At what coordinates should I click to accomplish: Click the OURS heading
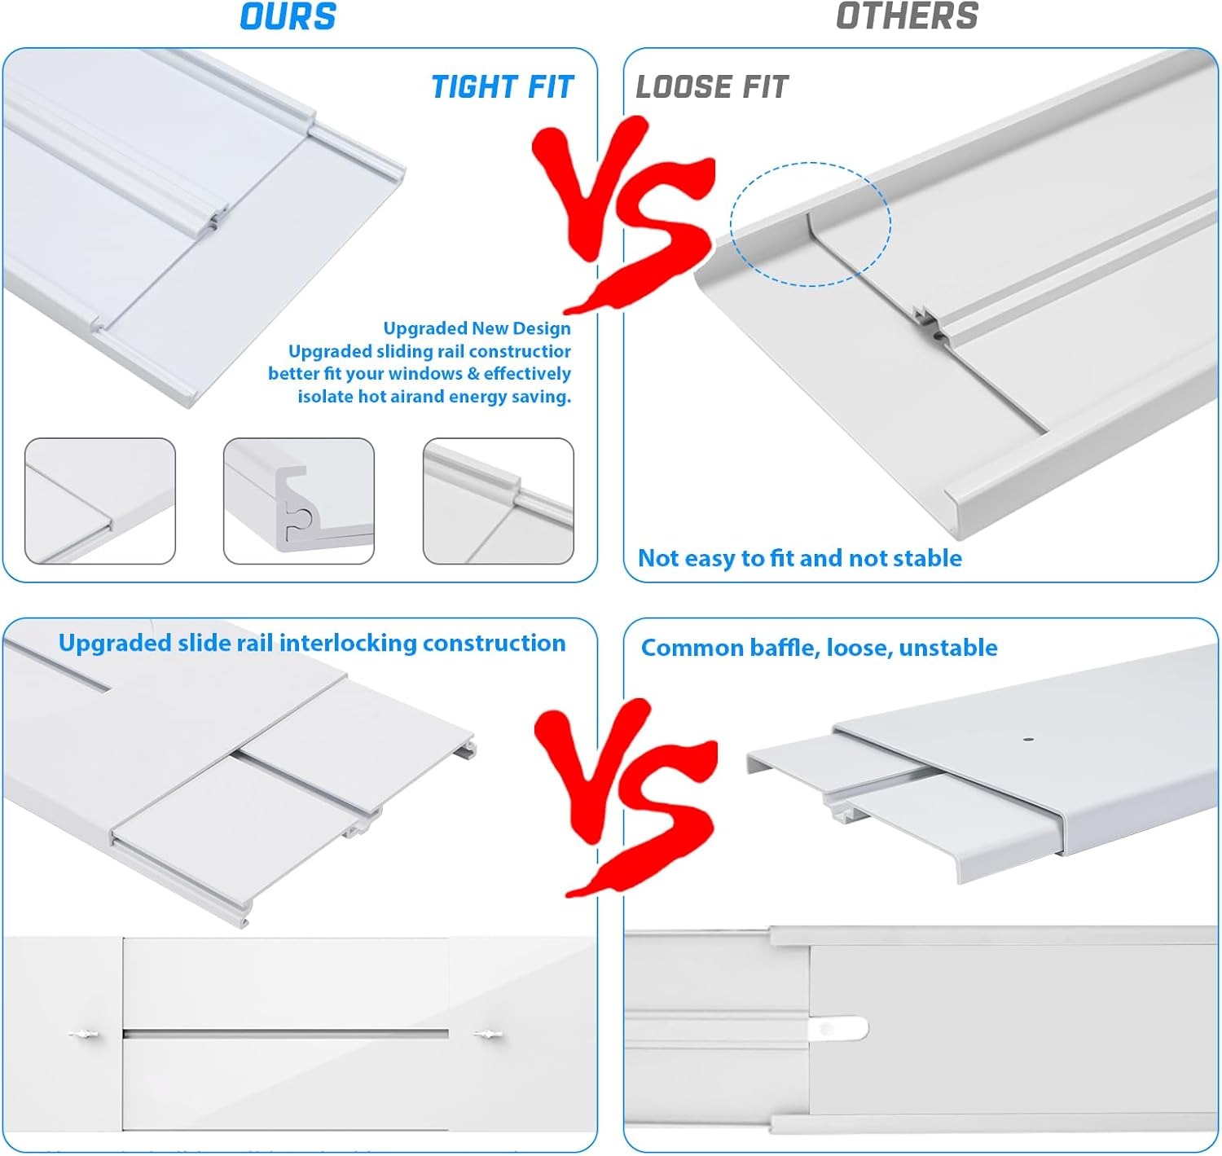pyautogui.click(x=288, y=17)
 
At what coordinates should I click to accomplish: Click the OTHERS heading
pyautogui.click(x=907, y=17)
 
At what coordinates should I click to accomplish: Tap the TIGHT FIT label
pyautogui.click(x=502, y=87)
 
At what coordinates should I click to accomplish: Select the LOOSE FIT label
pyautogui.click(x=712, y=87)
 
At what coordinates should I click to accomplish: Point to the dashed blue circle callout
pyautogui.click(x=811, y=224)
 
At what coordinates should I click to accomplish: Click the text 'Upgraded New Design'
pyautogui.click(x=477, y=328)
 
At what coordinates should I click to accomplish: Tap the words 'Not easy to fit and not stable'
pyautogui.click(x=799, y=558)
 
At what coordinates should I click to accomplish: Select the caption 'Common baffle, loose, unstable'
pyautogui.click(x=819, y=648)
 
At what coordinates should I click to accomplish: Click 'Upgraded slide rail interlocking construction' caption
pyautogui.click(x=312, y=643)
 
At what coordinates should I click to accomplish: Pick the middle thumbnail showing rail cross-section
pyautogui.click(x=299, y=501)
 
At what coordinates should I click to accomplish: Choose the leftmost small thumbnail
pyautogui.click(x=100, y=501)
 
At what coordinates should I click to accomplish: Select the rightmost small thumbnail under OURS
pyautogui.click(x=499, y=501)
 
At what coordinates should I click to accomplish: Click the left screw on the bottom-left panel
pyautogui.click(x=84, y=1035)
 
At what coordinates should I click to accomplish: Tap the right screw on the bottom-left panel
pyautogui.click(x=487, y=1035)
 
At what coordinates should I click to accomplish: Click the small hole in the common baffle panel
pyautogui.click(x=1029, y=741)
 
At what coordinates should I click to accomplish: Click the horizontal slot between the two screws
pyautogui.click(x=285, y=1034)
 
